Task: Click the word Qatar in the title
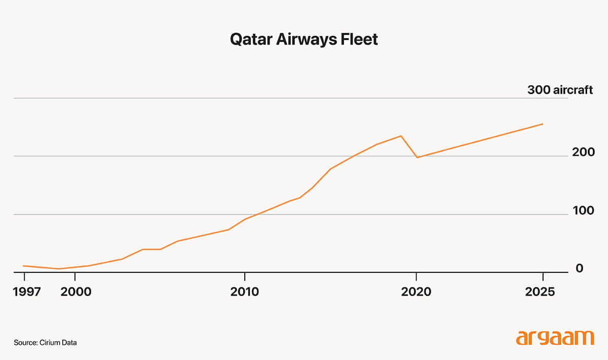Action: (x=251, y=40)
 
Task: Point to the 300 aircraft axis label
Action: (x=560, y=90)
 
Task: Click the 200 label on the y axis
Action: (x=583, y=152)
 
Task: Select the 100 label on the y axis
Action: (x=583, y=210)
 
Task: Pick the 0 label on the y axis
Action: (x=580, y=268)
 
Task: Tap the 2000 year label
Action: (x=75, y=292)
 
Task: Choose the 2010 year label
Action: (x=245, y=292)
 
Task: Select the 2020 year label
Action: (x=416, y=292)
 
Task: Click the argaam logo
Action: (x=555, y=338)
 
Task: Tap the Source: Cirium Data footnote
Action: (x=45, y=343)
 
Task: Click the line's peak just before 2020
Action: (x=401, y=136)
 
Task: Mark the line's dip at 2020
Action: (x=417, y=158)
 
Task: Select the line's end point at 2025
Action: (x=543, y=124)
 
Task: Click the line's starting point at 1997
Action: (x=24, y=266)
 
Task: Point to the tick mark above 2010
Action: (x=245, y=277)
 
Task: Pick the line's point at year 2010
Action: (x=245, y=219)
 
